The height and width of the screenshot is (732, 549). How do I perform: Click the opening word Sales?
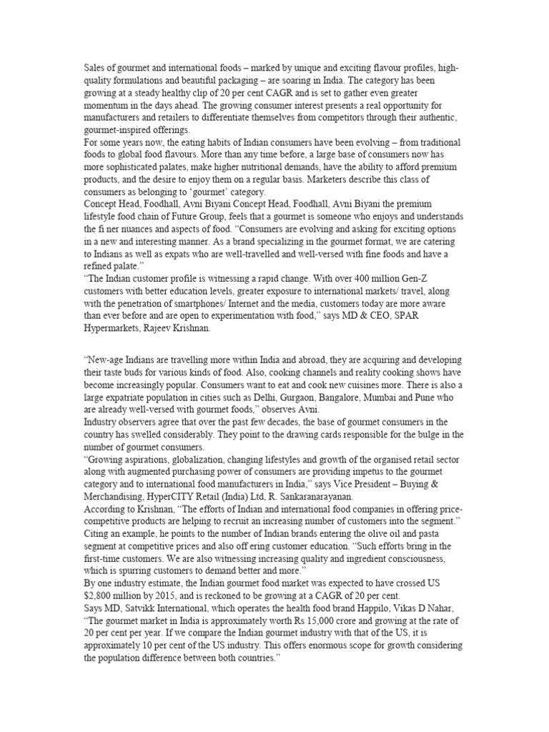pyautogui.click(x=95, y=68)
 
